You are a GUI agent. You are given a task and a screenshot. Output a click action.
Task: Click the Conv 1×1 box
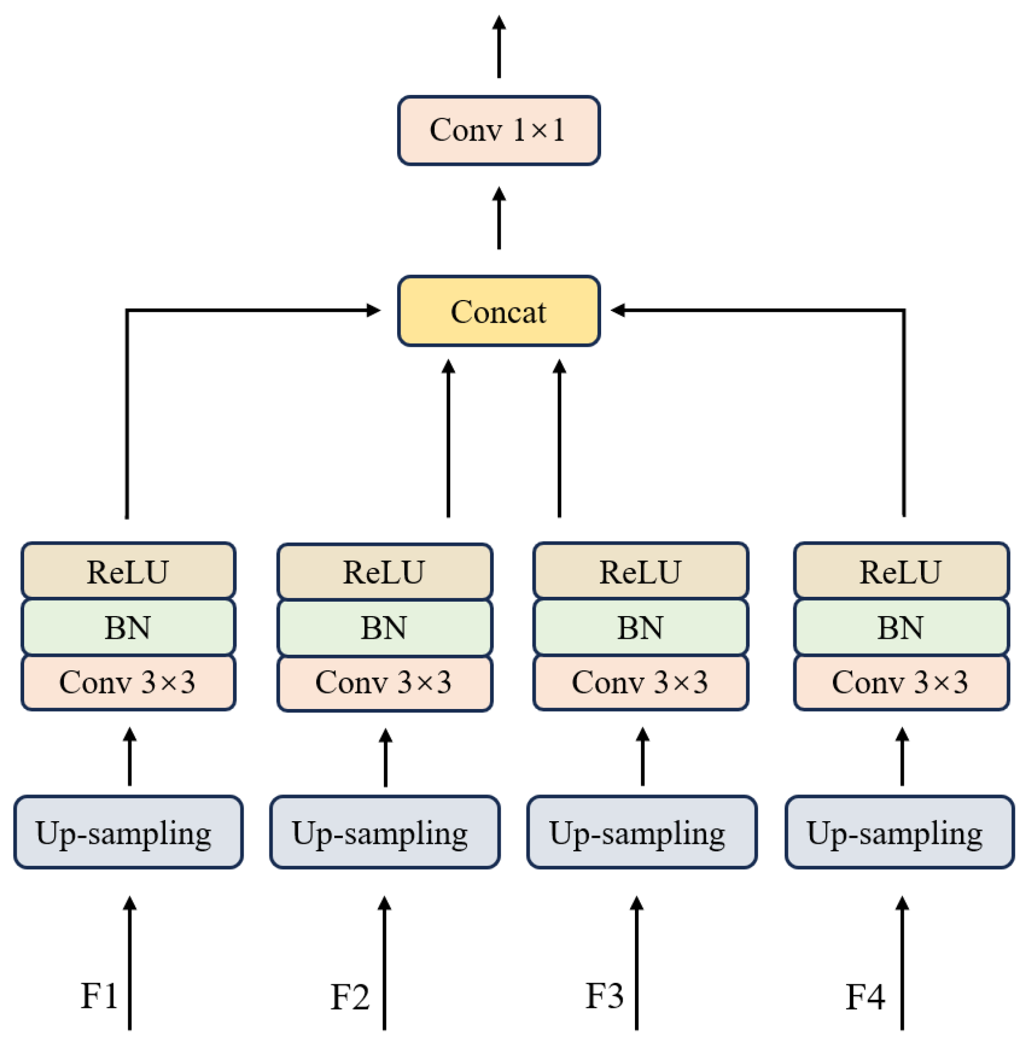[499, 130]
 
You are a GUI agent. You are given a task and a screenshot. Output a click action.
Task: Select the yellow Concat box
[499, 311]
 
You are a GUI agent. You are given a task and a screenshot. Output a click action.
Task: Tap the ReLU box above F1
[128, 571]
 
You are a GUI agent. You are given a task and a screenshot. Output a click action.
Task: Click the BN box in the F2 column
[385, 627]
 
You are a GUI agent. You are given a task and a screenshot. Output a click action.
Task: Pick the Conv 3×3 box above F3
[640, 682]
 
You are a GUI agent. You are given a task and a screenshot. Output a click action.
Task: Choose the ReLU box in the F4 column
[901, 571]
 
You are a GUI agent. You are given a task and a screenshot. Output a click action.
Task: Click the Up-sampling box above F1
[128, 832]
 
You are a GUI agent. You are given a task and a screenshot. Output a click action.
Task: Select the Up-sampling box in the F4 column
[900, 832]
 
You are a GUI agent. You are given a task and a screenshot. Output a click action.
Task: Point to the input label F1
[99, 995]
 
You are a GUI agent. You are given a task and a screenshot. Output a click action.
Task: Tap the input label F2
[350, 996]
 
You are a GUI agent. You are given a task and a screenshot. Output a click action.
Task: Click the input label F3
[605, 995]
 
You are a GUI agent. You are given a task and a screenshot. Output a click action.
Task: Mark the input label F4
[865, 996]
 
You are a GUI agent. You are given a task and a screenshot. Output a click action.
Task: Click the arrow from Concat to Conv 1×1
[499, 219]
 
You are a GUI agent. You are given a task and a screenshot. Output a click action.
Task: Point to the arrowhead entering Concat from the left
[373, 310]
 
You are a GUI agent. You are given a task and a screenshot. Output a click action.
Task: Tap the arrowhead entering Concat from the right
[618, 310]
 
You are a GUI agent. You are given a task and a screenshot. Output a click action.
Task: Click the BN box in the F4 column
[901, 627]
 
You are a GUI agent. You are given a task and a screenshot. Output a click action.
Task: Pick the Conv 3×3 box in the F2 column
[385, 683]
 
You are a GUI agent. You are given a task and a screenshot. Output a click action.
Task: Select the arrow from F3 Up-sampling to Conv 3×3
[642, 757]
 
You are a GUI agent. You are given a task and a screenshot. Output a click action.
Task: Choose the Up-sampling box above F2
[385, 832]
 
